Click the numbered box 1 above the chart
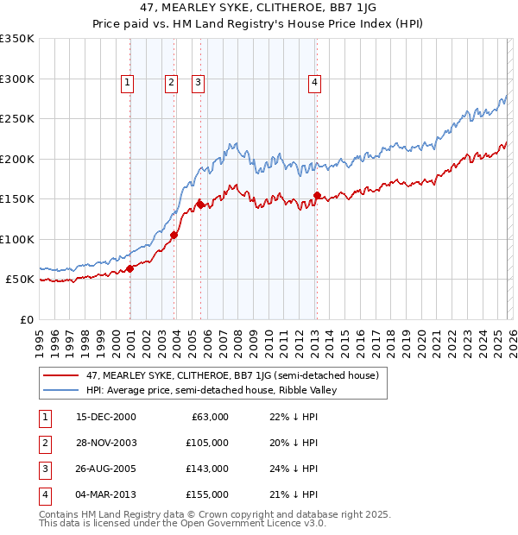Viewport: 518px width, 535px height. pyautogui.click(x=127, y=83)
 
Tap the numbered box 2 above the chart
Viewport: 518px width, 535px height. pyautogui.click(x=172, y=83)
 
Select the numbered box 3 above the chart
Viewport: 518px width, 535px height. pyautogui.click(x=198, y=83)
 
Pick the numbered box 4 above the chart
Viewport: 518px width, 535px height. pyautogui.click(x=314, y=83)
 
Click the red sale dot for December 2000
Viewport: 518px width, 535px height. pyautogui.click(x=130, y=268)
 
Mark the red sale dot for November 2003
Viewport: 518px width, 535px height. pyautogui.click(x=174, y=235)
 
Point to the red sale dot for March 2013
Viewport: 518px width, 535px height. pyautogui.click(x=317, y=195)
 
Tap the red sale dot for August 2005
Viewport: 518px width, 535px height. pyautogui.click(x=201, y=205)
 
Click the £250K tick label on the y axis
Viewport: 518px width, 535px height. pyautogui.click(x=17, y=119)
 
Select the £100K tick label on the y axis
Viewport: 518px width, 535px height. pyautogui.click(x=17, y=239)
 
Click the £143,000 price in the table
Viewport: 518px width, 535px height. pyautogui.click(x=207, y=470)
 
